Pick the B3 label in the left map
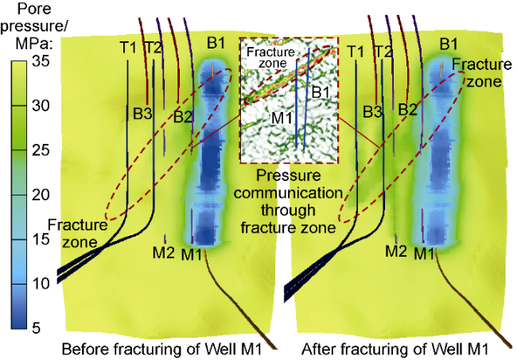coord(142,113)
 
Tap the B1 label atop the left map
coord(216,41)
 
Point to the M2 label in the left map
coord(164,253)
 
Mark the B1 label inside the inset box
coord(321,93)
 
